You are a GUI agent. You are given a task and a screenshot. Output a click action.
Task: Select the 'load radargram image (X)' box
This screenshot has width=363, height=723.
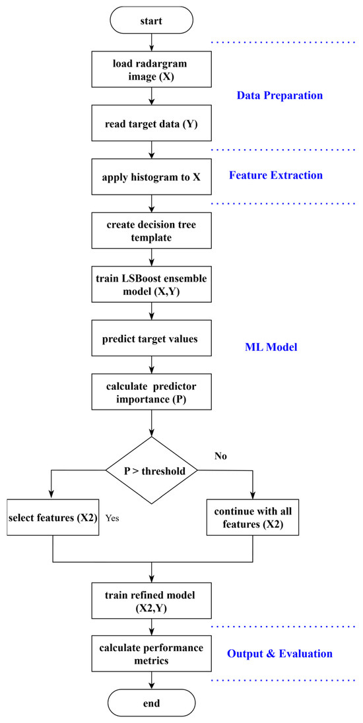pos(152,68)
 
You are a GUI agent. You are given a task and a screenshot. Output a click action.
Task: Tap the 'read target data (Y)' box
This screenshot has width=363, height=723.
pos(152,121)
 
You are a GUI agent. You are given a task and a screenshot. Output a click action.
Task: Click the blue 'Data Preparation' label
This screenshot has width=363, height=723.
pos(280,96)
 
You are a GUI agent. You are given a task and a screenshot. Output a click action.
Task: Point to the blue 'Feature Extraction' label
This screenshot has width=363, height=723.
pos(276,175)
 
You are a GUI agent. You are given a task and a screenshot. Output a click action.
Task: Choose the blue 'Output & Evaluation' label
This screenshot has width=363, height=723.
pos(280,654)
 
